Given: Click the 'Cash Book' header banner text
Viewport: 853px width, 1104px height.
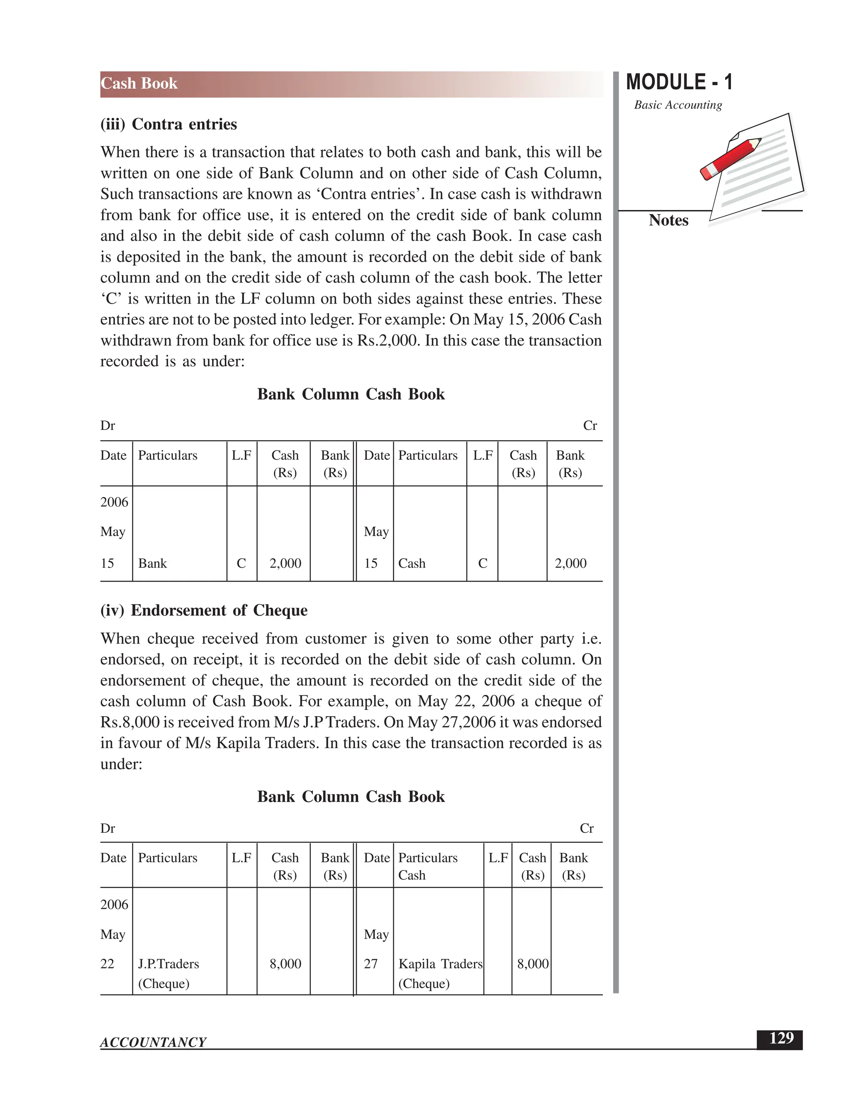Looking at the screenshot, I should click(139, 83).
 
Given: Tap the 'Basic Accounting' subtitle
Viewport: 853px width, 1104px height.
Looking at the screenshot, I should click(678, 105).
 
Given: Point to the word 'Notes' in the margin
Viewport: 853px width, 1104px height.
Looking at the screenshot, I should click(668, 220).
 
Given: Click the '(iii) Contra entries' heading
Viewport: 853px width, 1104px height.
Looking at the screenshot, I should click(168, 124).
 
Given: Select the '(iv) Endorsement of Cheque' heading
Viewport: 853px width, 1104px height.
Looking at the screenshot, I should click(204, 610).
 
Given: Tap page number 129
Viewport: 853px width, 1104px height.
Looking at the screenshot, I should click(781, 1038).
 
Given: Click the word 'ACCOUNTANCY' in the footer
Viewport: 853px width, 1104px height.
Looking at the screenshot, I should click(153, 1042).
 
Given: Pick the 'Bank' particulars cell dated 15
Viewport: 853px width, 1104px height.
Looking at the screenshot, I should click(152, 563).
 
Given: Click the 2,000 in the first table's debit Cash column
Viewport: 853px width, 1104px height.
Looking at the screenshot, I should click(285, 563).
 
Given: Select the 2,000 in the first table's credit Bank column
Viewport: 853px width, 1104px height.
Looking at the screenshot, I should click(571, 563).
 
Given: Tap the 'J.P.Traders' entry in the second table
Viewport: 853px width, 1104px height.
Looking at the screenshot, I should click(168, 964).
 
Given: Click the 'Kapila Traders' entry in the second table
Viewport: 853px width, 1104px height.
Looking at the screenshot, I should click(440, 964).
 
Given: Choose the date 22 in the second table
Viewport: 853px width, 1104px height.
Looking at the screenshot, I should click(107, 964).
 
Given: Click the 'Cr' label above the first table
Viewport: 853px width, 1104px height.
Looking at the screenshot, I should click(590, 426).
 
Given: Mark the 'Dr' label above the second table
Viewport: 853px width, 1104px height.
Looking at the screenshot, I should click(107, 828).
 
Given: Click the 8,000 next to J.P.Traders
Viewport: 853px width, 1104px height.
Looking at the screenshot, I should click(285, 964).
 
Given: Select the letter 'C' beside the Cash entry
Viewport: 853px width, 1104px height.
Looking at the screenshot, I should click(483, 563).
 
